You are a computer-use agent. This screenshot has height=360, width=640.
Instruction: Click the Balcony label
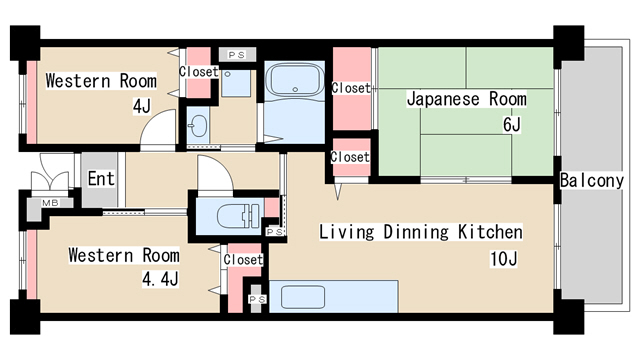(593, 181)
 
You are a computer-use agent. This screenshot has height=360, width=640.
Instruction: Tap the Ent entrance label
(100, 179)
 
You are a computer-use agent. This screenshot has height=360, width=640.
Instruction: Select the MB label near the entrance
(49, 204)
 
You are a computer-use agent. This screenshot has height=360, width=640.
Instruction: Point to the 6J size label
(512, 125)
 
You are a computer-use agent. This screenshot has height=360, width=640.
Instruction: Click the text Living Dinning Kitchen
(420, 232)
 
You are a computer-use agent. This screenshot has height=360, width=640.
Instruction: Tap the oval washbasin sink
(198, 126)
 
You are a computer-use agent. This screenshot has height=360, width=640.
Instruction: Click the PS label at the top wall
(236, 55)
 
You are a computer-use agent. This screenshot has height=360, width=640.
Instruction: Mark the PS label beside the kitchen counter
(256, 298)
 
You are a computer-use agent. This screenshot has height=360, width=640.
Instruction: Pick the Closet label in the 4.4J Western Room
(243, 259)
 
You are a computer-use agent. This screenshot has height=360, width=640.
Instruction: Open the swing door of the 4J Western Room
(155, 132)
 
